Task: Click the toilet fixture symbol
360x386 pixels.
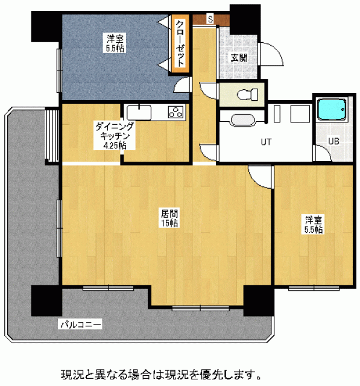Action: (x=247, y=95)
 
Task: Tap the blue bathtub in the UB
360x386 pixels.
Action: (x=332, y=109)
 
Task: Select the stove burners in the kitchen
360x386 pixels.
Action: (x=176, y=112)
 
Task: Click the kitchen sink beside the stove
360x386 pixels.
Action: (x=139, y=113)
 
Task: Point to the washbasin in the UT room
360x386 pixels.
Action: (x=242, y=120)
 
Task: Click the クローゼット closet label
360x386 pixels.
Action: (x=180, y=43)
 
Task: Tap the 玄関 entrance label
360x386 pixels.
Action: (x=239, y=58)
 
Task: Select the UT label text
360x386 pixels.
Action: (x=267, y=142)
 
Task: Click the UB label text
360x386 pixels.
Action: (x=333, y=141)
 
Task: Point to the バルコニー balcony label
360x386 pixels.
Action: (x=81, y=324)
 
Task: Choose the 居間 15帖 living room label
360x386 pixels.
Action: (x=169, y=218)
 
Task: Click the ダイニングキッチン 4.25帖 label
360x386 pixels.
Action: (x=115, y=136)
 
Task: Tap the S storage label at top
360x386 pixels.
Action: (x=210, y=19)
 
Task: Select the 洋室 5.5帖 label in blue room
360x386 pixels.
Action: (x=115, y=43)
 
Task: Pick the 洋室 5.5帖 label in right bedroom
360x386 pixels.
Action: (x=314, y=224)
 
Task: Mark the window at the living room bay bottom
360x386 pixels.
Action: (x=201, y=308)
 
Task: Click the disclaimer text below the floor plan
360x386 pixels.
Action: (x=161, y=375)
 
